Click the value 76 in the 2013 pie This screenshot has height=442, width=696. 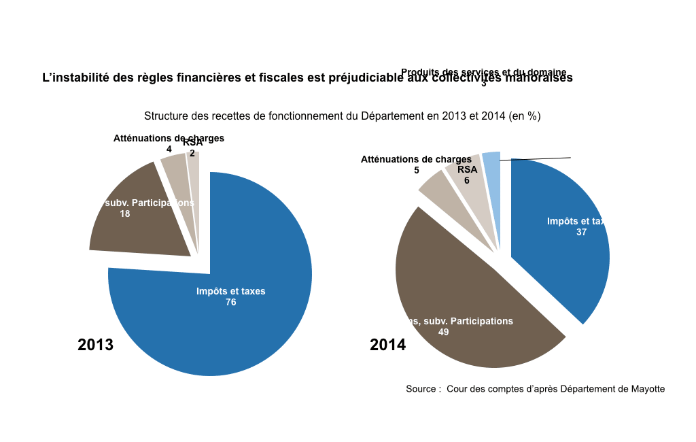point(231,302)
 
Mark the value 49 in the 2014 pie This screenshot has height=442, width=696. point(444,333)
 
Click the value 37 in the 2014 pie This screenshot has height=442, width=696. point(581,232)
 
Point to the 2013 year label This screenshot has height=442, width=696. point(96,345)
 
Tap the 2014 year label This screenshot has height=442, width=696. point(388,345)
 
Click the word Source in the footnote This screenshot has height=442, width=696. point(421,389)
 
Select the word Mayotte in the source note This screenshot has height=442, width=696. point(648,389)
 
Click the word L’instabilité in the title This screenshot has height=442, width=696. point(76,78)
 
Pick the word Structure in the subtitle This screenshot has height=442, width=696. point(166,116)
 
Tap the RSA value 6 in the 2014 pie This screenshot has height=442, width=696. point(467,181)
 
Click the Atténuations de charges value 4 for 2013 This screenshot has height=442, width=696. point(169,149)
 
